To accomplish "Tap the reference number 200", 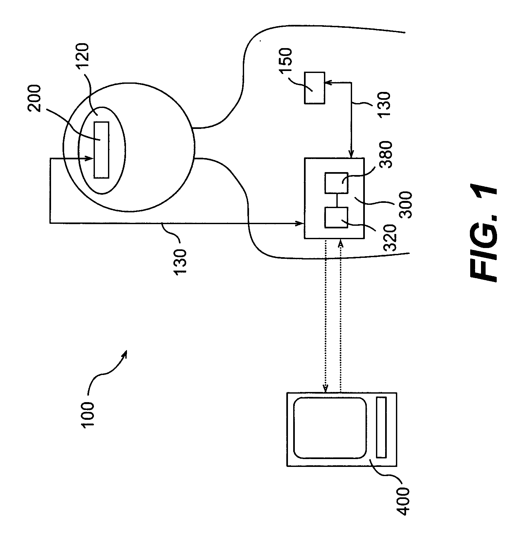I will [x=35, y=98].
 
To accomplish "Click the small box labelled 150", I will [x=314, y=88].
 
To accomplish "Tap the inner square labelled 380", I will [x=336, y=183].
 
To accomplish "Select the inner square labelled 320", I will [x=336, y=217].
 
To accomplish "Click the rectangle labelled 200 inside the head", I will [x=101, y=150].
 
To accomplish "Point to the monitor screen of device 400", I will [x=330, y=428].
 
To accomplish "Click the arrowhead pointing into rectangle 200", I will [x=91, y=159].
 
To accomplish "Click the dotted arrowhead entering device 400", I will [x=325, y=389].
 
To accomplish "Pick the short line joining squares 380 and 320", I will [x=336, y=200].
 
